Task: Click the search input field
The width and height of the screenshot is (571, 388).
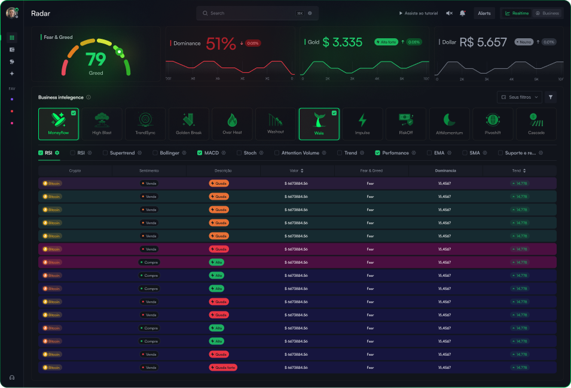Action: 251,13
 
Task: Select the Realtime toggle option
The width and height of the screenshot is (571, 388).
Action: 517,13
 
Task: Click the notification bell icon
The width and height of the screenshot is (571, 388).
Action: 462,13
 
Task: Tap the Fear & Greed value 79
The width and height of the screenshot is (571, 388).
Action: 96,60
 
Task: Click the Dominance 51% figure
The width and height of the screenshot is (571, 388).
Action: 221,43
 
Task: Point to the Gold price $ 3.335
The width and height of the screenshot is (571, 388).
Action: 343,42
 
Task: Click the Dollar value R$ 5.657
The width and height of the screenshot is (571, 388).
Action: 483,42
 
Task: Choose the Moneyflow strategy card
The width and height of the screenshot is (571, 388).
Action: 59,124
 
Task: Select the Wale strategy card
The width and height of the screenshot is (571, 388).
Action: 319,124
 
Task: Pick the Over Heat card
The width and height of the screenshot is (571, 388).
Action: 232,124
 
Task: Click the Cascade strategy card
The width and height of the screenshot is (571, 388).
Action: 536,124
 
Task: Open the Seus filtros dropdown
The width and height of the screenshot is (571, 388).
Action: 520,97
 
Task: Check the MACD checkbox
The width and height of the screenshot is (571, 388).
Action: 200,153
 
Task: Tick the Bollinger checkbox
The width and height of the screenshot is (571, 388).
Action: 154,153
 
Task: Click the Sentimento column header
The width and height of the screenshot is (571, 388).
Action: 149,170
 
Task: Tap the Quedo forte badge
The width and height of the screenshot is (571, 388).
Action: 223,368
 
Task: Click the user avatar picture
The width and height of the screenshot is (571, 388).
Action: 11,13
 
